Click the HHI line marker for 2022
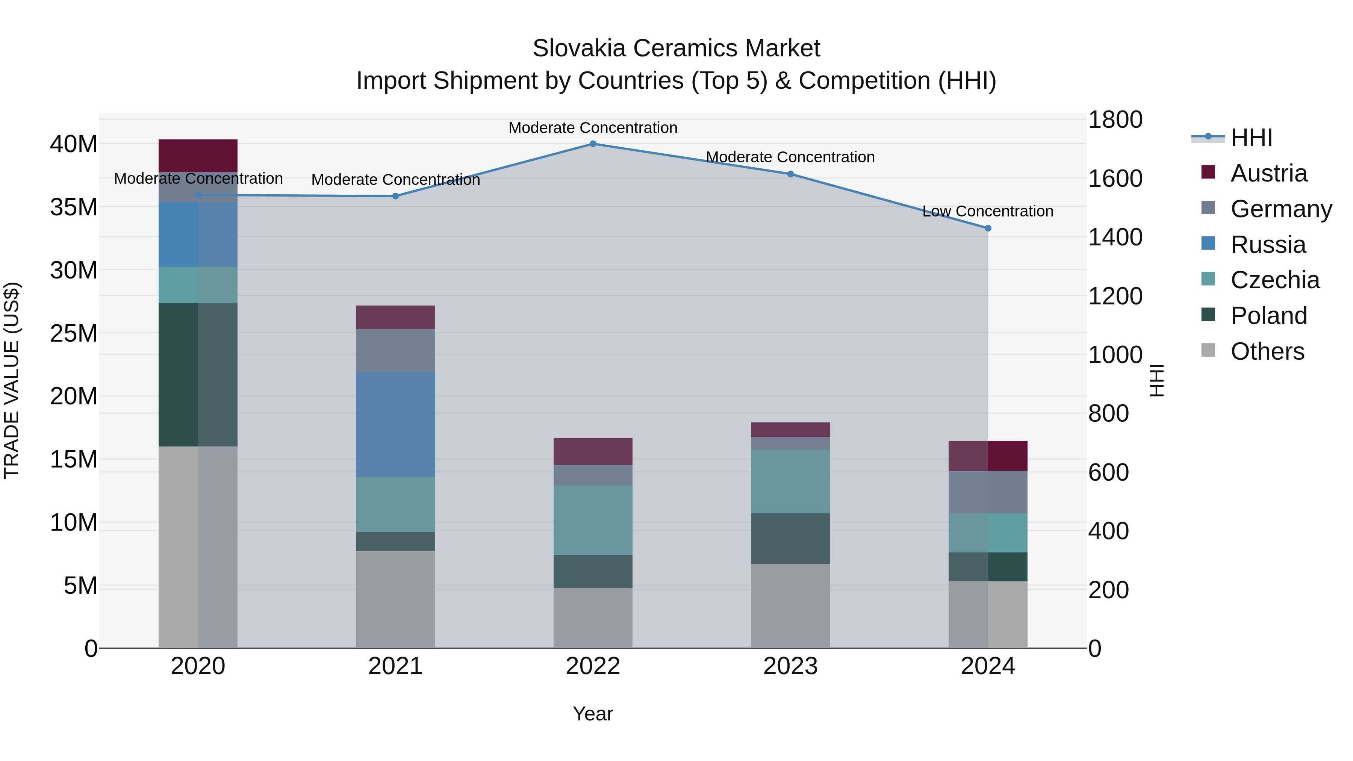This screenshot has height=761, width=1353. [x=593, y=144]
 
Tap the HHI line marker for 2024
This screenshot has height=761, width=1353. [x=988, y=228]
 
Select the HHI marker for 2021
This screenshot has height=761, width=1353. [x=395, y=197]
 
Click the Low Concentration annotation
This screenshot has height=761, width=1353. [x=987, y=211]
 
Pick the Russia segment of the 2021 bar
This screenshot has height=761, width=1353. [x=395, y=424]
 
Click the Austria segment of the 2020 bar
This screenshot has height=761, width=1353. [x=198, y=156]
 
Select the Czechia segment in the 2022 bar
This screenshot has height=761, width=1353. [x=593, y=520]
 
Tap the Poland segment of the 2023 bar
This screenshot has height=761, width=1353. [x=790, y=538]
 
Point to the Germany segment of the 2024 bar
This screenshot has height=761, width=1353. [x=988, y=492]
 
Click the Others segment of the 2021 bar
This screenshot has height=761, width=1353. [x=395, y=599]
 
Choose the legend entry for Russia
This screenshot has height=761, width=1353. [x=1268, y=245]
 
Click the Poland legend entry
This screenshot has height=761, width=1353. [x=1268, y=316]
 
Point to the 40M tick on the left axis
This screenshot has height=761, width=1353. [x=74, y=144]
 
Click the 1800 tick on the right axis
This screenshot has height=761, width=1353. [x=1115, y=120]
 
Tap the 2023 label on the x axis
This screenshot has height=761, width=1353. [x=790, y=666]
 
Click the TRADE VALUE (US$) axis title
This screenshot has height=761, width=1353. [x=12, y=380]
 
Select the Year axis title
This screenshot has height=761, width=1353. [x=593, y=714]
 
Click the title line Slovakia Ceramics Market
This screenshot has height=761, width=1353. [x=676, y=48]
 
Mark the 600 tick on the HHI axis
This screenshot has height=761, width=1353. [x=1108, y=473]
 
